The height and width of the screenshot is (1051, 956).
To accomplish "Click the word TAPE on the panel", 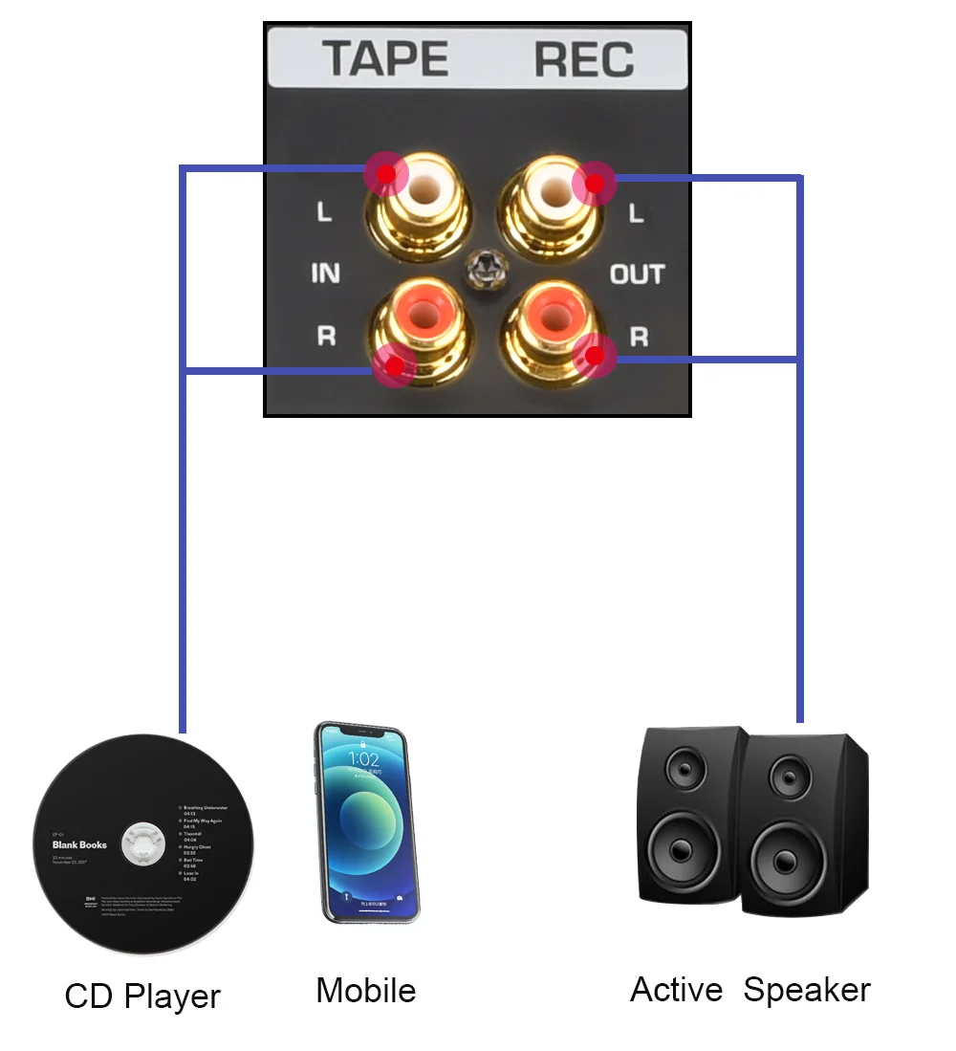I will coord(385,59).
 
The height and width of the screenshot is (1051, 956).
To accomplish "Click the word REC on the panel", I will coord(584,59).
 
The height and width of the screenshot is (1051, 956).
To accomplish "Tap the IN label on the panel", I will coord(325,274).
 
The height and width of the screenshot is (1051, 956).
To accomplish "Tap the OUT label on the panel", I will coord(637,274).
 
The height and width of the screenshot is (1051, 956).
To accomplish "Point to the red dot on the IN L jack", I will coord(385,174).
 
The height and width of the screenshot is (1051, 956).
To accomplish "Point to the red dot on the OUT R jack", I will coord(596,357).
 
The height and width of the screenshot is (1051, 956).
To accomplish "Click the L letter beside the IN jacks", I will coord(325,212).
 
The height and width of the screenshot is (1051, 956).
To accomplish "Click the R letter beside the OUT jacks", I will coord(639,337).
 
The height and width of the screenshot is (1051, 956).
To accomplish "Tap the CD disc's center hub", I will coord(144,844).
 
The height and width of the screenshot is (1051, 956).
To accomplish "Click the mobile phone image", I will coord(367,822).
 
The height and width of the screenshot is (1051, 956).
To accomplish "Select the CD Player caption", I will coord(142,996).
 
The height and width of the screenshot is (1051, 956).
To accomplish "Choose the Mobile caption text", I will coord(365,991).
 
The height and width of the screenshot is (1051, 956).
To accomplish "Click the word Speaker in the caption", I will coord(807,991).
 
